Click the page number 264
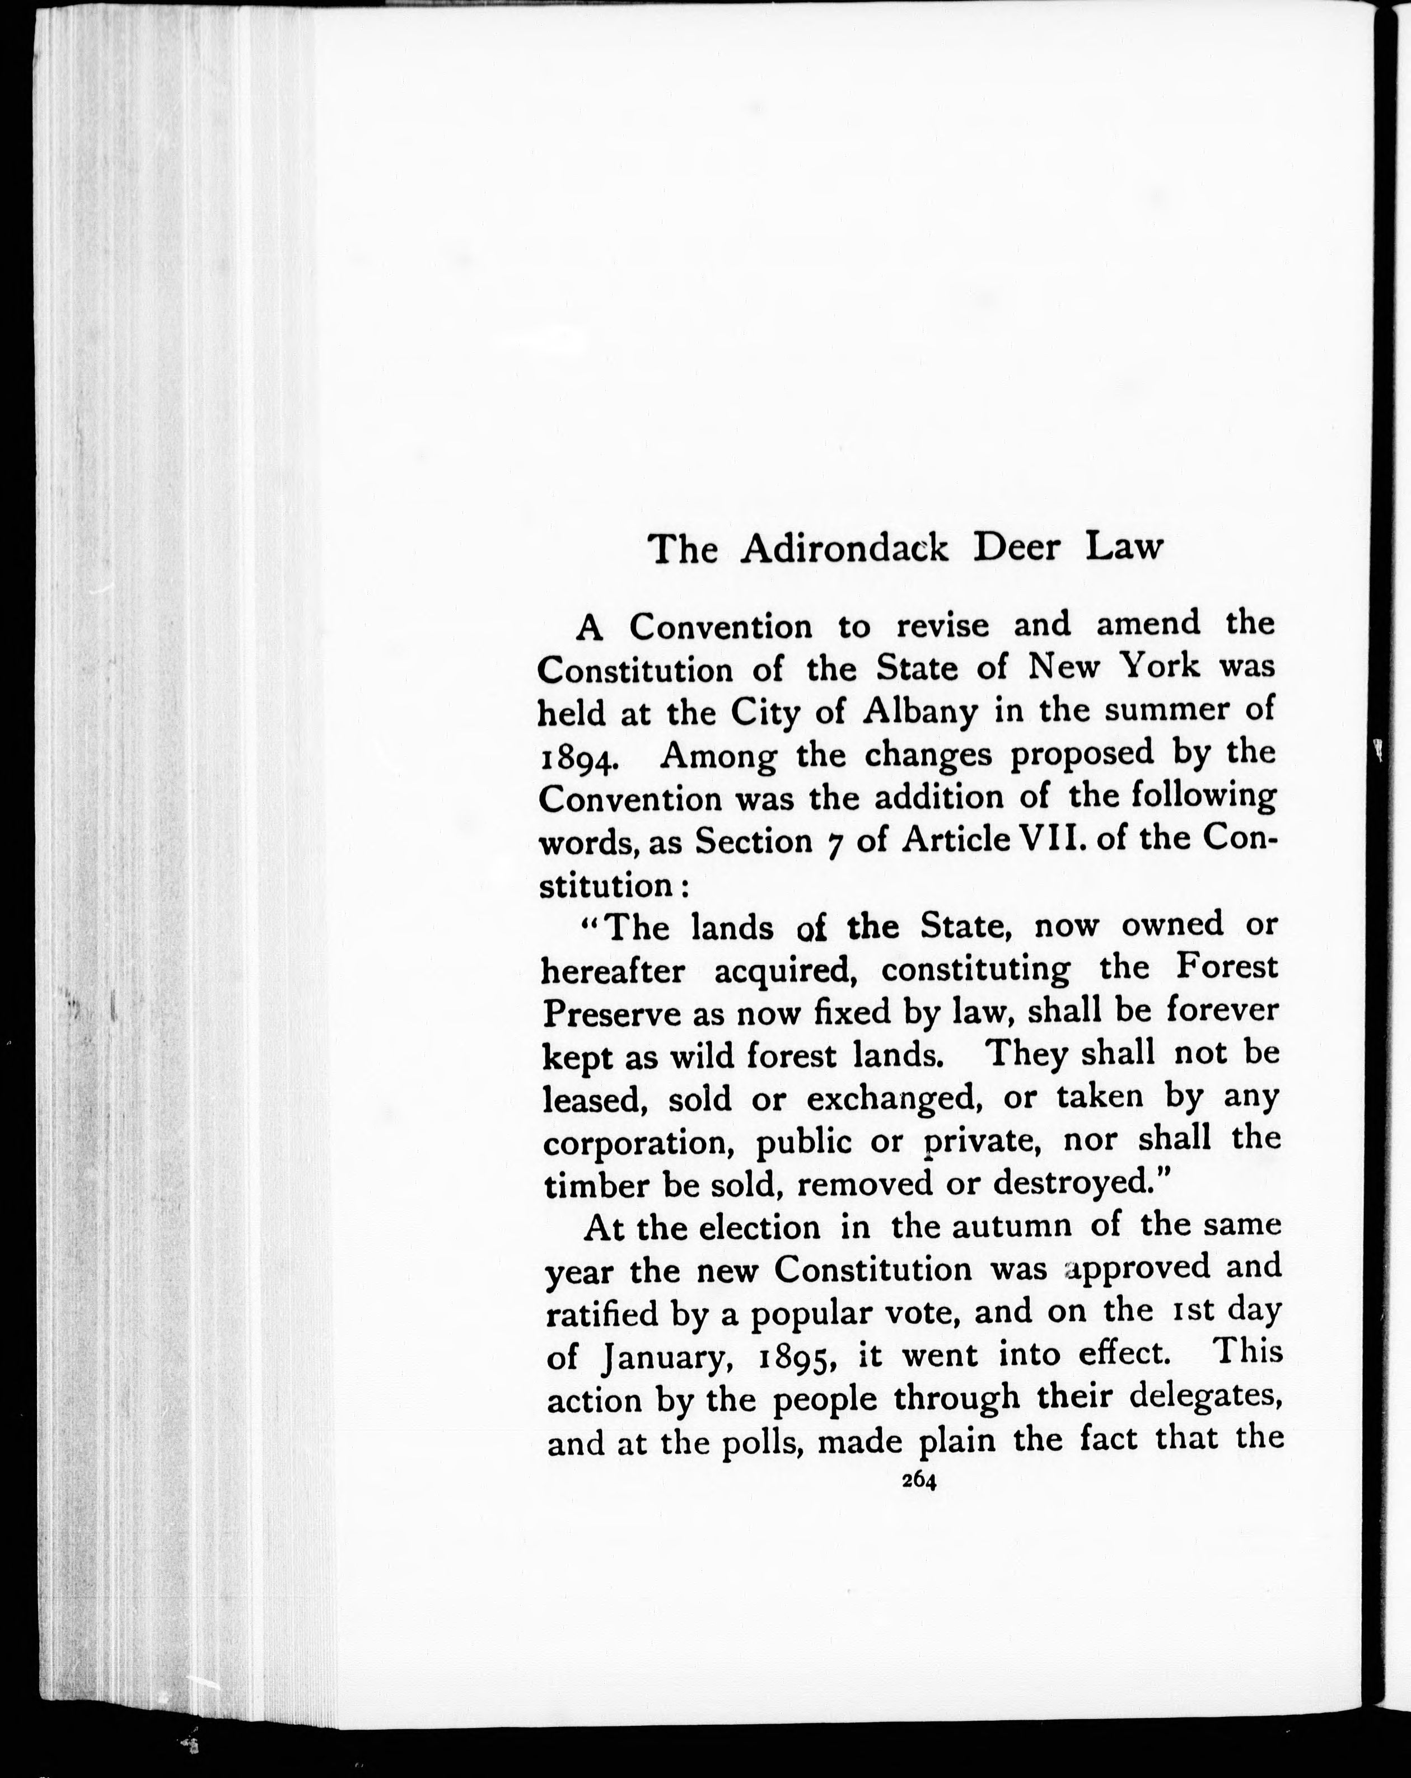pos(918,1503)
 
